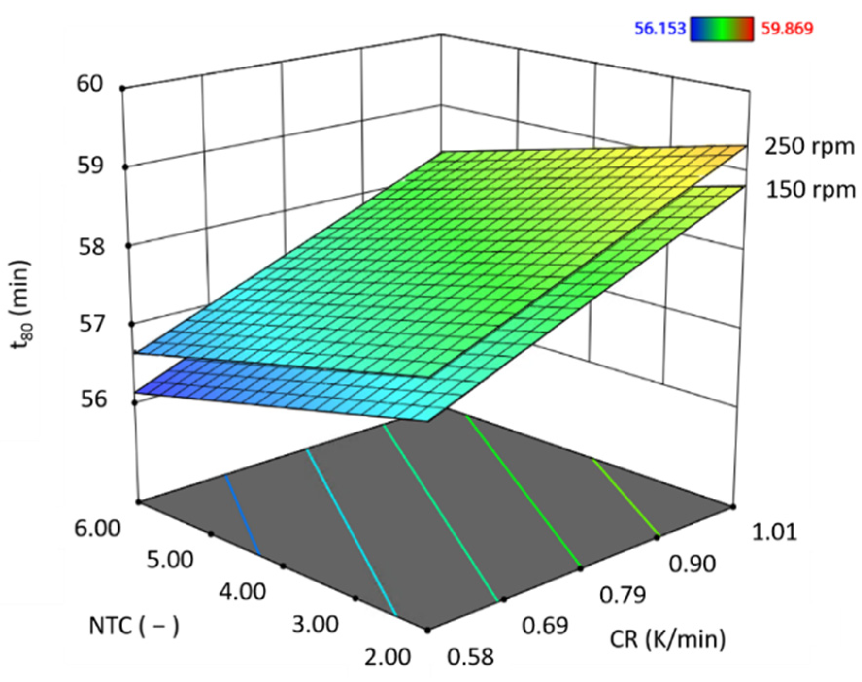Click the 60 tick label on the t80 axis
[90, 83]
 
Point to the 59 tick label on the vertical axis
[91, 166]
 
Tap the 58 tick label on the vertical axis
[92, 247]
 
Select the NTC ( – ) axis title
[134, 626]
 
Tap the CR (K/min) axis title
[667, 639]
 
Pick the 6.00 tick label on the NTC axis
[98, 528]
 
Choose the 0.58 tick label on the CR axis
[470, 656]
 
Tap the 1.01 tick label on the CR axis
[774, 532]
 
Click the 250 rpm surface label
[810, 146]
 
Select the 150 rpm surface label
[811, 189]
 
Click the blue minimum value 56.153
[660, 29]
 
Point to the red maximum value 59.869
[787, 29]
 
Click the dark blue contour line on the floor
[242, 515]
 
